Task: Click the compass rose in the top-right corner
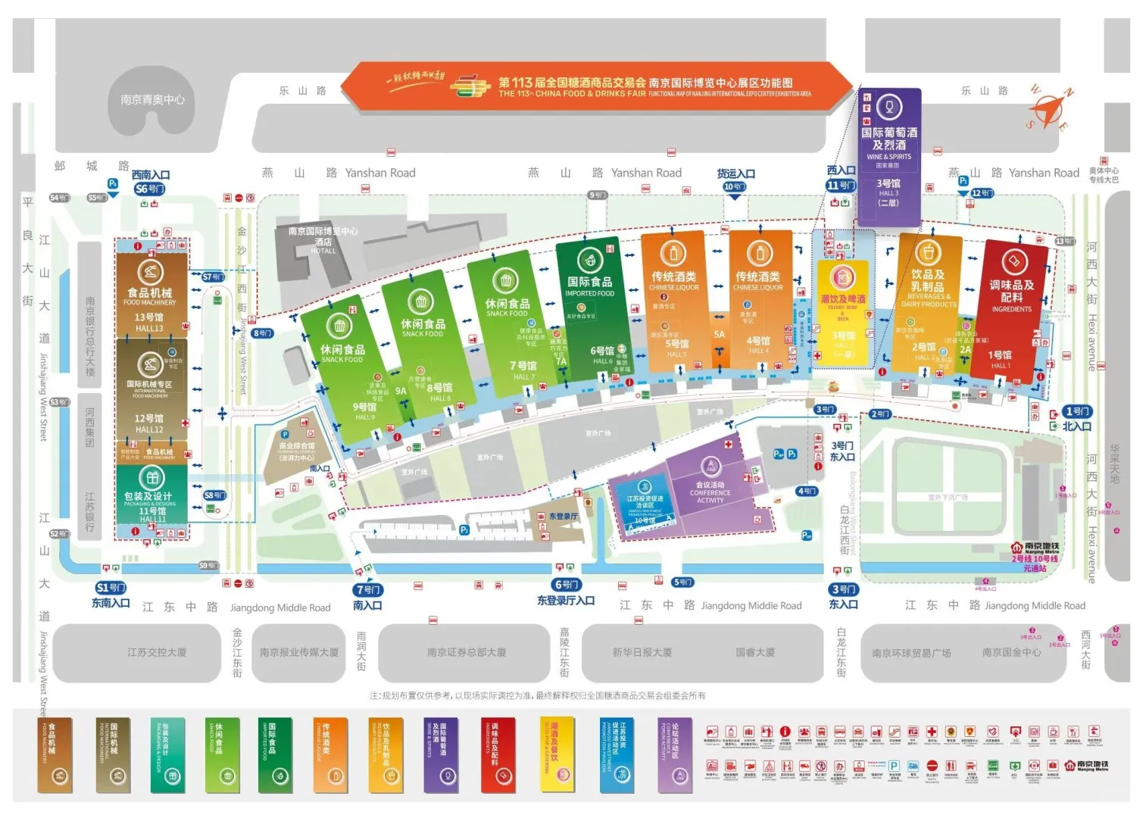pos(1049,109)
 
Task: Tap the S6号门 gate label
pos(149,189)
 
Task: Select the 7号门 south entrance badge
pos(368,590)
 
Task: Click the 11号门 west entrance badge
pos(841,186)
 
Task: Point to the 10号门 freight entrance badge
pos(734,187)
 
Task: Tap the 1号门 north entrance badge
pos(1076,412)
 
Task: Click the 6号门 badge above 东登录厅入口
pos(567,585)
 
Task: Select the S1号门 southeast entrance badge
pos(111,588)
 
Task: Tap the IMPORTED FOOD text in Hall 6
pos(589,294)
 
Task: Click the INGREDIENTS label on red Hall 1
pos(1011,309)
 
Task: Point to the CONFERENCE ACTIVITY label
pos(710,496)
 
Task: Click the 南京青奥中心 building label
pos(152,100)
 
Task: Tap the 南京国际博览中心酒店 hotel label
pos(323,239)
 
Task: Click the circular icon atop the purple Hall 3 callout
pos(888,108)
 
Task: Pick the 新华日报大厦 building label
pos(642,652)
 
